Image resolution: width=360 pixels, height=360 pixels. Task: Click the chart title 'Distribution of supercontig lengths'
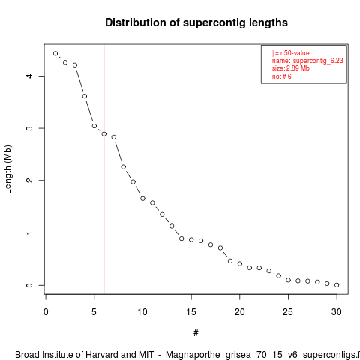pos(196,22)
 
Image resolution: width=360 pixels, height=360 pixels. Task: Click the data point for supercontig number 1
pos(55,53)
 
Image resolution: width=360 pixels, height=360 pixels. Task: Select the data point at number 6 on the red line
pos(104,134)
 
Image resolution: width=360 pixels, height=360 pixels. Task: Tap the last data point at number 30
pos(337,285)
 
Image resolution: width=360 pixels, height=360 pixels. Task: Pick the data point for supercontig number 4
pos(85,96)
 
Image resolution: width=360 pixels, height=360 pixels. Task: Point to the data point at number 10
pos(142,199)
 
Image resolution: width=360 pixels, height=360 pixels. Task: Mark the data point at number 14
pos(181,238)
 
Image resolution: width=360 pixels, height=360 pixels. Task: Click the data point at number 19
pos(230,261)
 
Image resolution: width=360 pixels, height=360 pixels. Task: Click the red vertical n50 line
pos(104,169)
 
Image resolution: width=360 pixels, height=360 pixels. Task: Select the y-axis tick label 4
pos(29,76)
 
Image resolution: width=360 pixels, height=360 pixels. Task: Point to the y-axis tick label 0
pos(29,285)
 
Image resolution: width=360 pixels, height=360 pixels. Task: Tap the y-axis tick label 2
pos(29,181)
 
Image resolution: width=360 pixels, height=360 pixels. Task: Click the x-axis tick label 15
pos(191,312)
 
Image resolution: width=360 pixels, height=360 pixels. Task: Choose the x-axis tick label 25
pos(288,312)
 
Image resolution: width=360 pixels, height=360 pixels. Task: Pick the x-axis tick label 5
pos(94,312)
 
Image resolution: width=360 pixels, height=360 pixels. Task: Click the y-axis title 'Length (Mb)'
pos(7,169)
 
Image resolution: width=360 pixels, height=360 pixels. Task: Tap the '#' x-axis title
pos(196,333)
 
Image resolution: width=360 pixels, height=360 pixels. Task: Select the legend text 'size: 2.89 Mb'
pos(291,68)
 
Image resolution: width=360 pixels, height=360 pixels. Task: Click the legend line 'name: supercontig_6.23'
pos(307,61)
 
